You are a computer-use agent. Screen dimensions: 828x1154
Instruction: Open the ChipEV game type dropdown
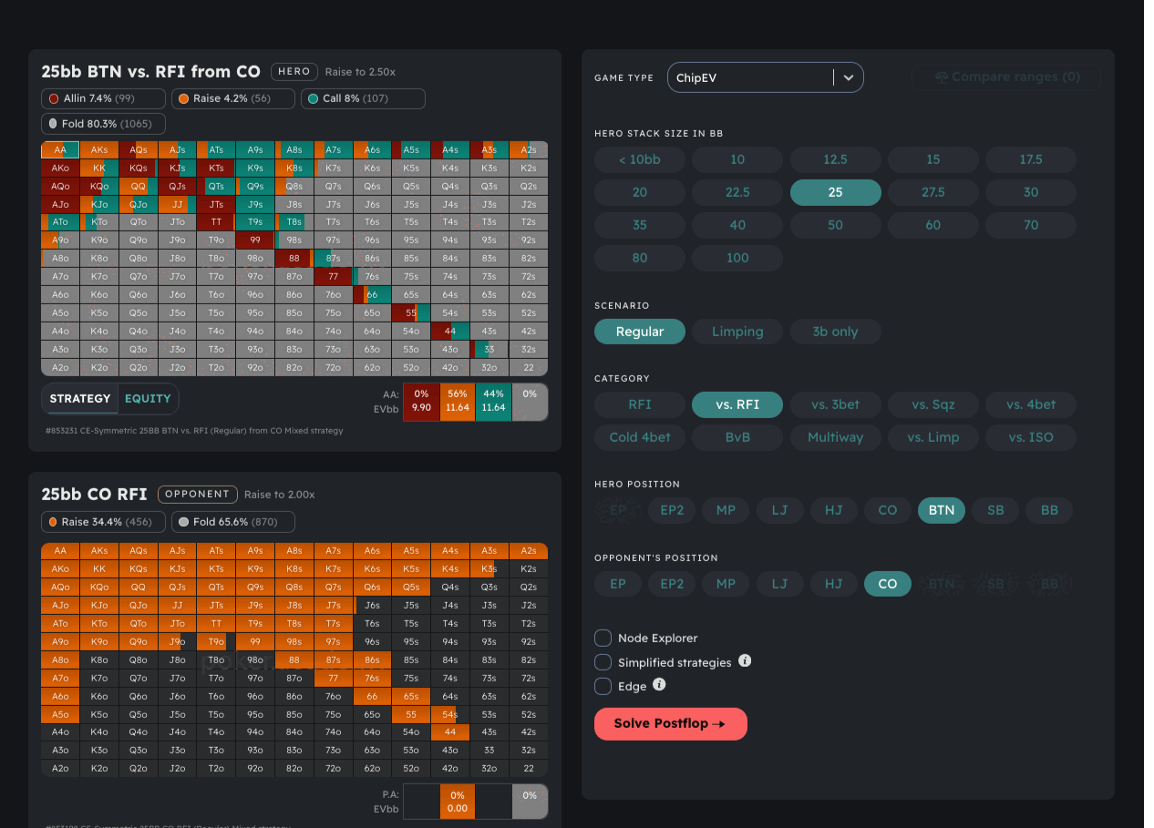click(x=765, y=77)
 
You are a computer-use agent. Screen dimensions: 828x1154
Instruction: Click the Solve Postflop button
click(x=670, y=723)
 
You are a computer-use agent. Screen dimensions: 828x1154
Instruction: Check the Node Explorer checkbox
click(x=603, y=638)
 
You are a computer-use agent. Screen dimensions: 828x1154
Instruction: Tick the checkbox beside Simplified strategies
click(x=603, y=662)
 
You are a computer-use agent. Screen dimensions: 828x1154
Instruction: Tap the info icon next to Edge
click(x=659, y=685)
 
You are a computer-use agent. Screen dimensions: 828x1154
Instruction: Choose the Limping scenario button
click(x=737, y=332)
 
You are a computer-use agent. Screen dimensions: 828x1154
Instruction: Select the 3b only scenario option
click(x=834, y=332)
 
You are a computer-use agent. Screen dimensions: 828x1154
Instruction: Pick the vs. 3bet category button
click(x=835, y=404)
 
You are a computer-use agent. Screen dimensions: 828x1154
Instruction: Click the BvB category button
click(x=737, y=437)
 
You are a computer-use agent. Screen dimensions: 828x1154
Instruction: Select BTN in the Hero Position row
click(x=941, y=510)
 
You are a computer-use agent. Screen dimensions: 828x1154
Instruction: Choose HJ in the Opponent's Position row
click(x=833, y=584)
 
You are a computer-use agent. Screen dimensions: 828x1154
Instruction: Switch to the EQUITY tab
click(x=148, y=398)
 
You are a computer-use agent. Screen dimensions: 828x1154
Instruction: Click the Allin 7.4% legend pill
click(x=103, y=98)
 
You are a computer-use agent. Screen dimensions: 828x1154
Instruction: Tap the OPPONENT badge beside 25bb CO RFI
click(x=197, y=494)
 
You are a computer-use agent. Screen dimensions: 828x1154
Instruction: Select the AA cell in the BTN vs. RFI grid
click(x=60, y=150)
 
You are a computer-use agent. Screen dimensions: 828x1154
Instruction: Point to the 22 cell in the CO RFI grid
click(x=529, y=768)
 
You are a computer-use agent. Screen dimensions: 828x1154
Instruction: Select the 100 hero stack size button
click(x=737, y=258)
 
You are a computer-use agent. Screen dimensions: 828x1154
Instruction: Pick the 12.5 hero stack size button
click(x=835, y=159)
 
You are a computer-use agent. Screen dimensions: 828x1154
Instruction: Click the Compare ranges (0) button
click(x=1005, y=77)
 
